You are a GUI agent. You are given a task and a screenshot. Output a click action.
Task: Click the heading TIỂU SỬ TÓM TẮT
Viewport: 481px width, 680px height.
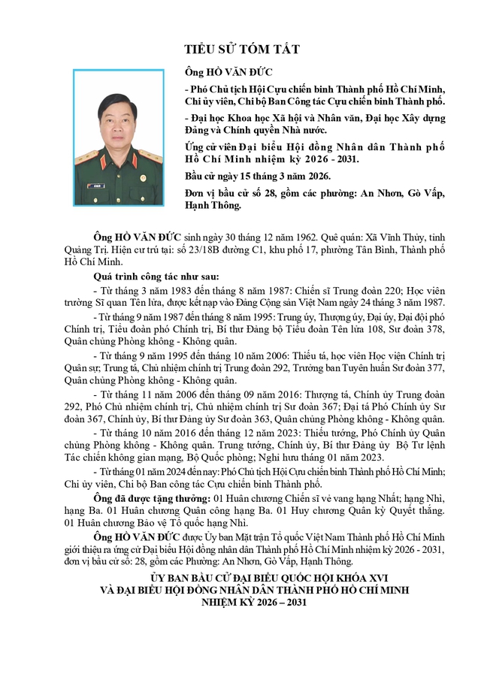point(242,50)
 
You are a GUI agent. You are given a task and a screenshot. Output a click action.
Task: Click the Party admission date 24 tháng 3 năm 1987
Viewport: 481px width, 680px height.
point(374,302)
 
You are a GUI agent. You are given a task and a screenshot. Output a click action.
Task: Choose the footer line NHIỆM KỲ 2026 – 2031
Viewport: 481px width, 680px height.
point(242,603)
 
